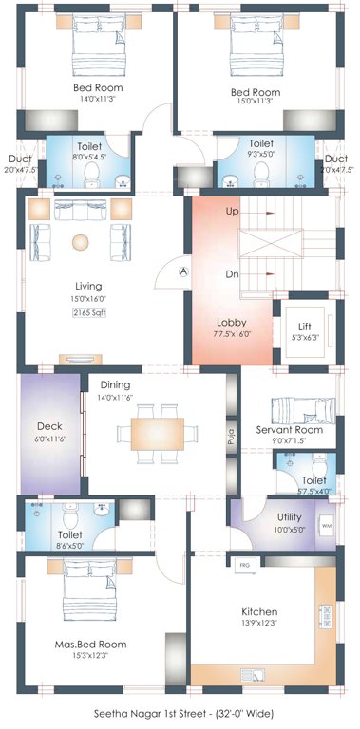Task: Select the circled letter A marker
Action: [183, 271]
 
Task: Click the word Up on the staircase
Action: [232, 212]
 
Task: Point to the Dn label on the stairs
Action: [232, 273]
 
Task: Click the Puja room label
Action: [231, 437]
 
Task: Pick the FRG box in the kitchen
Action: [244, 565]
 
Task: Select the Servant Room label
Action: [290, 429]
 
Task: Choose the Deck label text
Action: [49, 426]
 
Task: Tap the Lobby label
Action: [231, 322]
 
